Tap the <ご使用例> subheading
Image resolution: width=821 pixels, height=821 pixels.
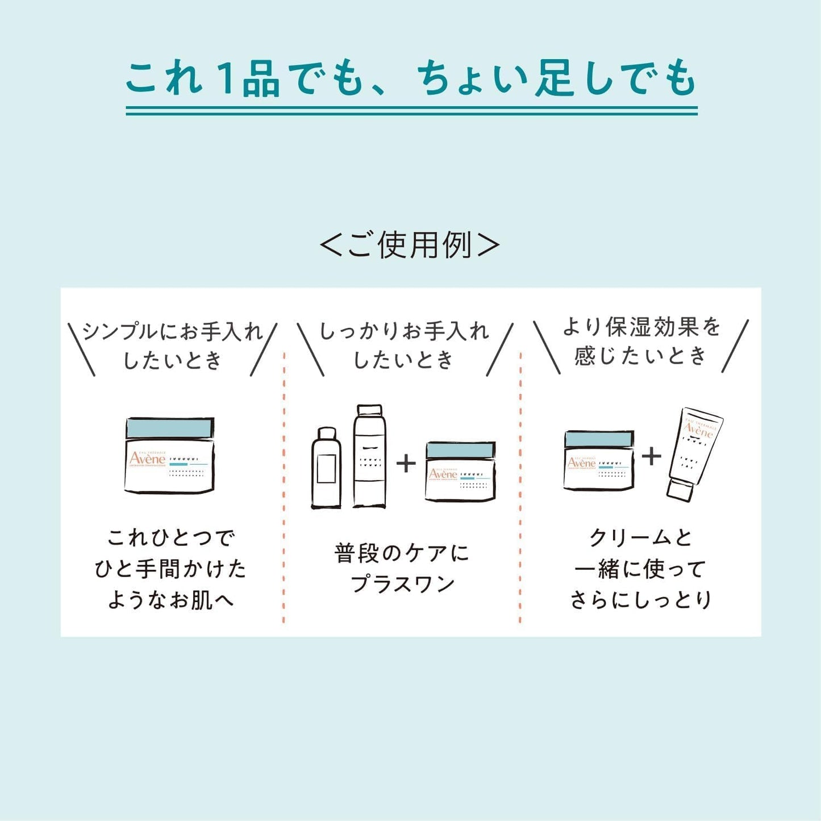410,245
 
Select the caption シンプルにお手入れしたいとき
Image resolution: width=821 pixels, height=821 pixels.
172,345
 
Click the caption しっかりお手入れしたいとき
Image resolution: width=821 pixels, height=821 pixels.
404,345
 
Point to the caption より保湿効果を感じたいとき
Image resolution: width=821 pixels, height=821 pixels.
641,341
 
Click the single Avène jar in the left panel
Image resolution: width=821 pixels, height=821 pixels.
169,456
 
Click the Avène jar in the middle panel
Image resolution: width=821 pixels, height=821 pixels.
460,472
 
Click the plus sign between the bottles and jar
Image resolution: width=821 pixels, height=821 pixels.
406,464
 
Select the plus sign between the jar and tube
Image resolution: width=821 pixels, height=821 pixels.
652,456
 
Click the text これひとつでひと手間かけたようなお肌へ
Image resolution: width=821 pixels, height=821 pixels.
170,569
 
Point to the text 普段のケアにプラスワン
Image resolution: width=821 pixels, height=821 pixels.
402,568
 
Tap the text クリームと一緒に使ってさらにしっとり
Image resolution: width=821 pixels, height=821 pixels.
640,569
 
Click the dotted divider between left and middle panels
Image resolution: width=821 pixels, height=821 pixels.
284,489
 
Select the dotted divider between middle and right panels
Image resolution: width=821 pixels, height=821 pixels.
520,489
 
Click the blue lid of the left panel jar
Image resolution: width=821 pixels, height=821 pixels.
169,428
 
